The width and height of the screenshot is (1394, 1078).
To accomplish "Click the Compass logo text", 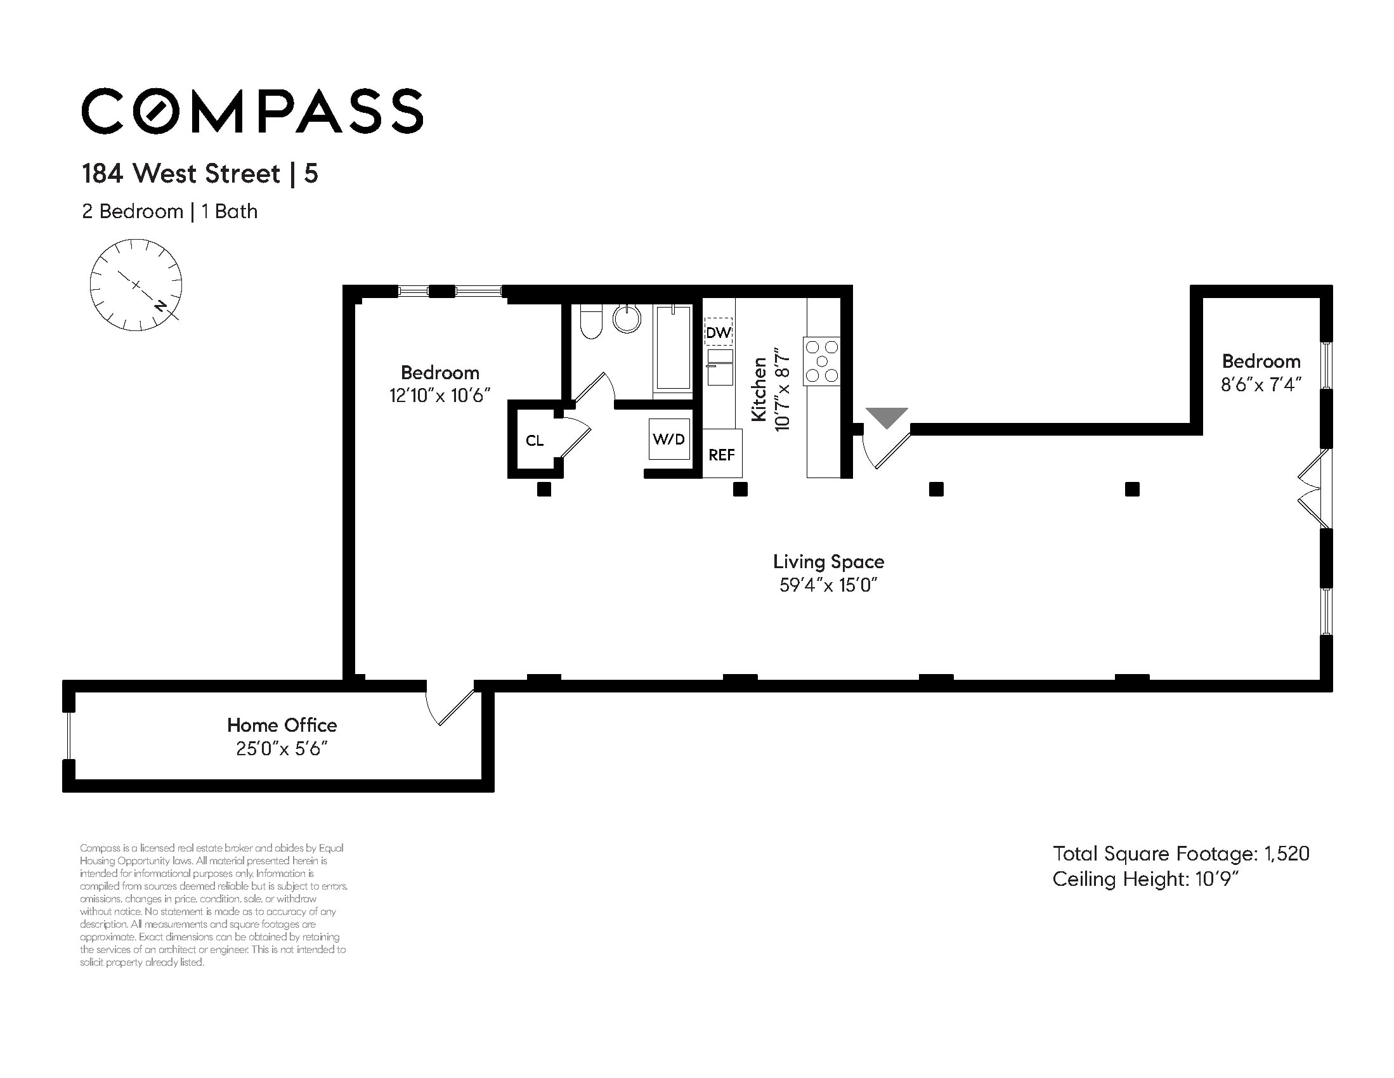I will point(252,111).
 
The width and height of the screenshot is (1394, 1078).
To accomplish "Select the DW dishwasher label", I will point(718,332).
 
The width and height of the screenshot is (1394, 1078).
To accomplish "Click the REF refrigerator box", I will point(722,454).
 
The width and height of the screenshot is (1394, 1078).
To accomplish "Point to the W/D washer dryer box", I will point(669,439).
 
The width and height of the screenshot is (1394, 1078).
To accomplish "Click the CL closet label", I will point(535,440).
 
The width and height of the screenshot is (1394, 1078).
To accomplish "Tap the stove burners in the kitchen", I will point(822,361).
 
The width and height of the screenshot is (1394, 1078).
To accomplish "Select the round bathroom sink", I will point(627,318).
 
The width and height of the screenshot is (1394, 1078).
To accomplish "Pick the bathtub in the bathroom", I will point(674,348).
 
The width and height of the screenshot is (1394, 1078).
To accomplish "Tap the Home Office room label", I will point(282,725).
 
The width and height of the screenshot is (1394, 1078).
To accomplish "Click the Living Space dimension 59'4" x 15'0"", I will point(828,585).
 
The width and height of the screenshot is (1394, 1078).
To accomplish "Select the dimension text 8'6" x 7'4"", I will point(1261,385).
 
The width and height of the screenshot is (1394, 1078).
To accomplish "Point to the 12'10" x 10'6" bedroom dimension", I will point(440,396).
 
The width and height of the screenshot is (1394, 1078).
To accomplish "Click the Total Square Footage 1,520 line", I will point(1181,854).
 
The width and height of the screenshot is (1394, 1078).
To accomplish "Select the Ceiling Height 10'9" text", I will point(1145,880).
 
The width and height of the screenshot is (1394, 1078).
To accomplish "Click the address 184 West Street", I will point(181,174).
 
